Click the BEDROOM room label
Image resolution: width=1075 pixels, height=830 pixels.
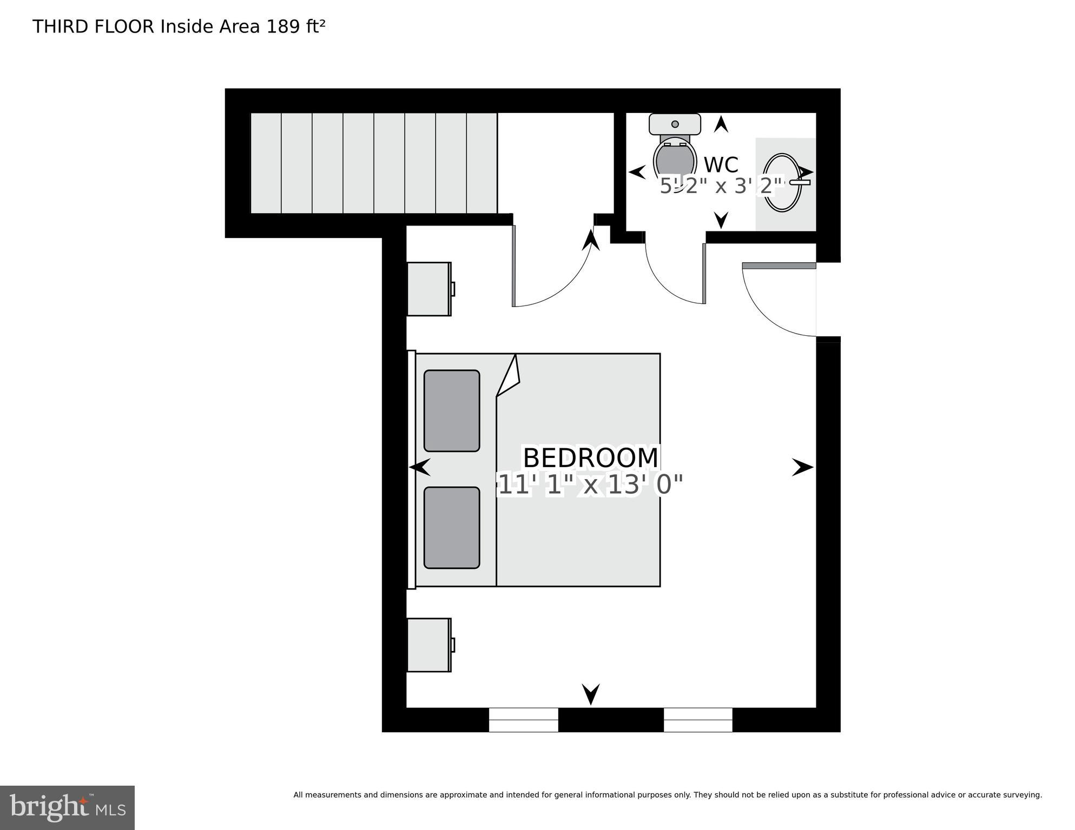point(590,458)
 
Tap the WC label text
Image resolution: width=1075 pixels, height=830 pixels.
point(721,165)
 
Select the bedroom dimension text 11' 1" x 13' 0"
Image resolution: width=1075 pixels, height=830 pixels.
point(590,484)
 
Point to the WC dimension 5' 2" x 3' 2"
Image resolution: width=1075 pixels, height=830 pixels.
point(722,187)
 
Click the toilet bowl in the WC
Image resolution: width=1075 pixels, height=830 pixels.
point(674,161)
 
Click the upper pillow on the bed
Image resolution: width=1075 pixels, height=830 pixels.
point(452,410)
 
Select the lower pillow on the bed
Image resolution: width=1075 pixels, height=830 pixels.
point(452,528)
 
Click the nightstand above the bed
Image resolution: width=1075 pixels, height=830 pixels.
point(429,289)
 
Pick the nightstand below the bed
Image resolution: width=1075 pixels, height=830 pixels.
point(429,645)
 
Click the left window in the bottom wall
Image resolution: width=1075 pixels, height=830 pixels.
point(523,720)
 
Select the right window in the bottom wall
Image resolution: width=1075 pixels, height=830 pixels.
point(698,720)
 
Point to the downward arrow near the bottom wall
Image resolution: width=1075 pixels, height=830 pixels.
point(591,694)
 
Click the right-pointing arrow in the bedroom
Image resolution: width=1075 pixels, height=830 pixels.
point(802,467)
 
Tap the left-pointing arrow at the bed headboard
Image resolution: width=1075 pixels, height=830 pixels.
point(420,467)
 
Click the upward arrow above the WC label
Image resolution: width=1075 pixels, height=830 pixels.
point(721,124)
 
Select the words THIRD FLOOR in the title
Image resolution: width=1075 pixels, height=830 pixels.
point(94,26)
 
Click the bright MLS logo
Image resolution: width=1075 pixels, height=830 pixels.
point(67,807)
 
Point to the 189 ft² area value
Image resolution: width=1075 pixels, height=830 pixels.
point(295,26)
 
